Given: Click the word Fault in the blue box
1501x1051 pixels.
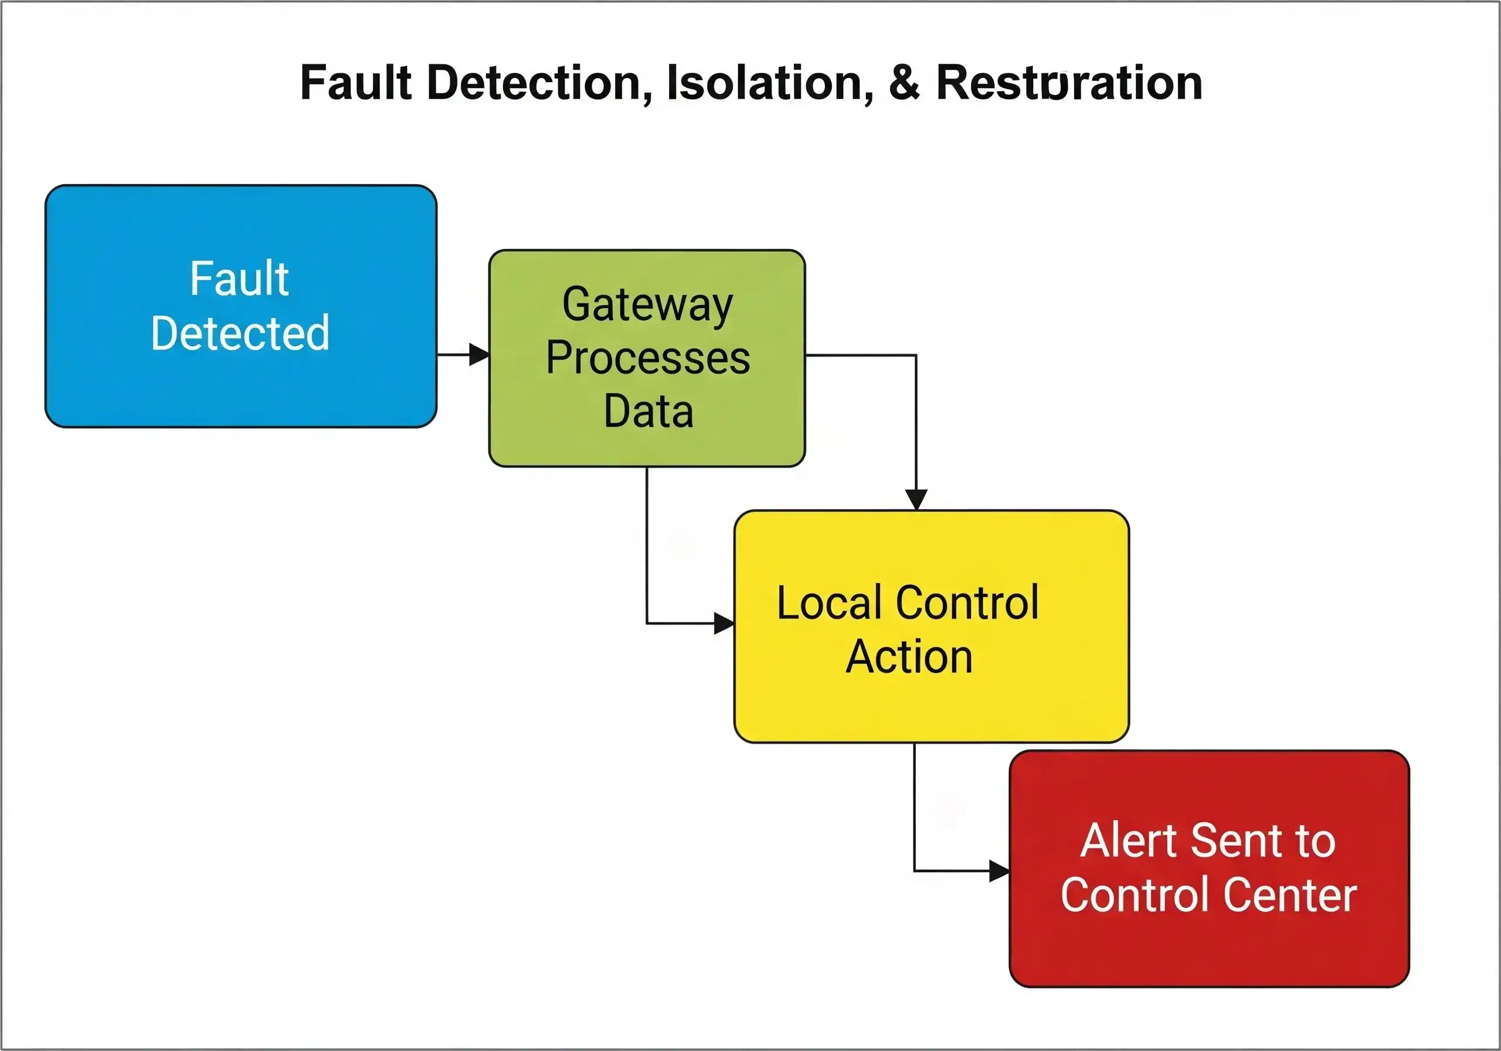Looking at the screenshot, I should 239,279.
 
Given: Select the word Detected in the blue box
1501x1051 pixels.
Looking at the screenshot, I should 240,333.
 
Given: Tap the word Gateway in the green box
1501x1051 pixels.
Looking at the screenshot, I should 647,305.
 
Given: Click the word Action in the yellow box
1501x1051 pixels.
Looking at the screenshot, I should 909,657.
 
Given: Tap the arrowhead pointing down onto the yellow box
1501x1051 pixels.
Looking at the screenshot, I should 916,499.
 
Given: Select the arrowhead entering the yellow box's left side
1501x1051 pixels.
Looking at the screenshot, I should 724,623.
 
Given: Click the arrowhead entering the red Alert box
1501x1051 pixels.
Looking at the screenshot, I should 1000,871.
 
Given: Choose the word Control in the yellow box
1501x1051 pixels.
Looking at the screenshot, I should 967,602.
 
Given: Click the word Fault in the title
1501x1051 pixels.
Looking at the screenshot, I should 356,83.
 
